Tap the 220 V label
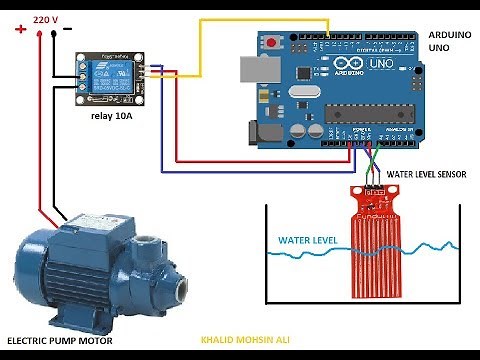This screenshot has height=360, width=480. (45, 19)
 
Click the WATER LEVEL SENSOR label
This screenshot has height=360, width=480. (426, 173)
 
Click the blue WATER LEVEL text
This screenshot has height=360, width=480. (307, 241)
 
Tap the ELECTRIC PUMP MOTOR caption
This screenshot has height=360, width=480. (59, 341)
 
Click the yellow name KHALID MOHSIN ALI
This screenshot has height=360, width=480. (244, 341)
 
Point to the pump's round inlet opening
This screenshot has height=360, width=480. (181, 290)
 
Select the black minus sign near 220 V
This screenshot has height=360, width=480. (67, 29)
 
